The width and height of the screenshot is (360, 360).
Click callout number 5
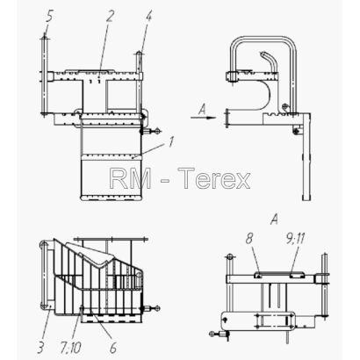[49, 17]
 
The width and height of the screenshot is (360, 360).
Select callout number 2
[109, 17]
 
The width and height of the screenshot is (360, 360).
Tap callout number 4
[148, 17]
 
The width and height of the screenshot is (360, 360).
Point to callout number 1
[171, 141]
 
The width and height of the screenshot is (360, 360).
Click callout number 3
[40, 348]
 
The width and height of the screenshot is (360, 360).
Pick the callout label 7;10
[71, 348]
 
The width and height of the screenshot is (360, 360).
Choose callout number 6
[113, 348]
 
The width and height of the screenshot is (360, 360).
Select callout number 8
[248, 239]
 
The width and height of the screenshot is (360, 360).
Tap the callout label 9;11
[294, 239]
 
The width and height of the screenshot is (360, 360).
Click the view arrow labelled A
[204, 118]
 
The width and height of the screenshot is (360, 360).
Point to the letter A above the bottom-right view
[274, 220]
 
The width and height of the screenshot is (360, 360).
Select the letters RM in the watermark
[130, 178]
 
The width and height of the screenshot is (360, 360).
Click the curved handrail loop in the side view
[263, 38]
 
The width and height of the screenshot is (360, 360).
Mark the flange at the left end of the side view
[227, 119]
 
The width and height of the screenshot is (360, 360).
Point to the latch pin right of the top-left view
[150, 131]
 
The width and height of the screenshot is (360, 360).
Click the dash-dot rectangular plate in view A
[274, 321]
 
